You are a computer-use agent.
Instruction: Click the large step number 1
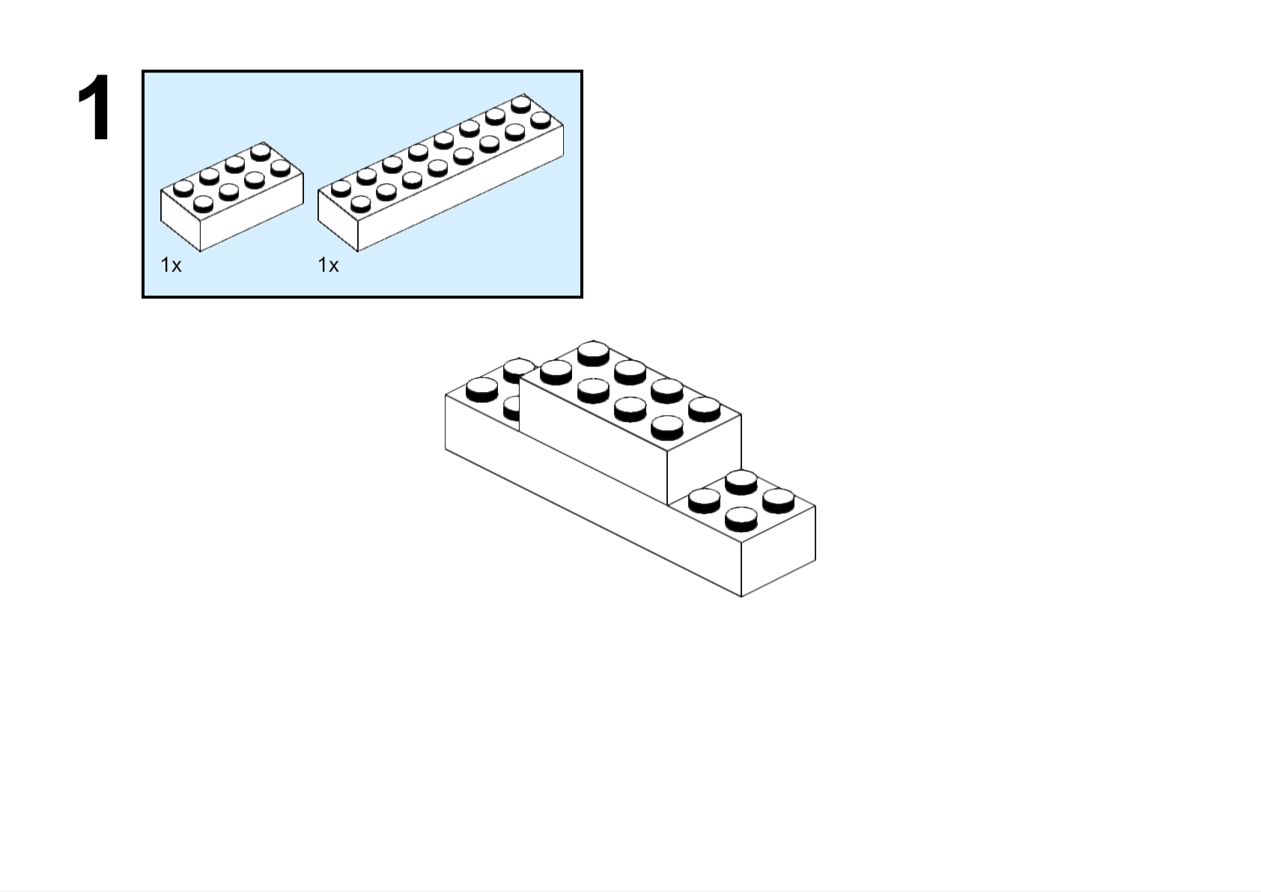(x=94, y=107)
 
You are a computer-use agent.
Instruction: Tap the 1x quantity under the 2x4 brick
(x=171, y=265)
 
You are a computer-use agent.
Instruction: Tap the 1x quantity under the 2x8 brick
(x=328, y=265)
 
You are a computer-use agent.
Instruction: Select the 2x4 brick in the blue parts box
(x=232, y=196)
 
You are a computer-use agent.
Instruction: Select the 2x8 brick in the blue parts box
(x=441, y=172)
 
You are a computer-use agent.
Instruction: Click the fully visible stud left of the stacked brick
(x=482, y=389)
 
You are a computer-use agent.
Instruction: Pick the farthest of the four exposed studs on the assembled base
(x=741, y=483)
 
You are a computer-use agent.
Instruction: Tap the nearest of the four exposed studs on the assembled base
(x=741, y=519)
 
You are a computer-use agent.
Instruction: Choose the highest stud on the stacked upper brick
(x=593, y=353)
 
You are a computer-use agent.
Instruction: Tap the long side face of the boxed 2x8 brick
(x=461, y=188)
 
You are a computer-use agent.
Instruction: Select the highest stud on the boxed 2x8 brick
(x=521, y=105)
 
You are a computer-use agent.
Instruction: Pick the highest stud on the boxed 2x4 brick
(x=261, y=153)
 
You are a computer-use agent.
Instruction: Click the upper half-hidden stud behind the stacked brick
(x=518, y=369)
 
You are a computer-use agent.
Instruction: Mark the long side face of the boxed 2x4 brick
(x=252, y=212)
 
